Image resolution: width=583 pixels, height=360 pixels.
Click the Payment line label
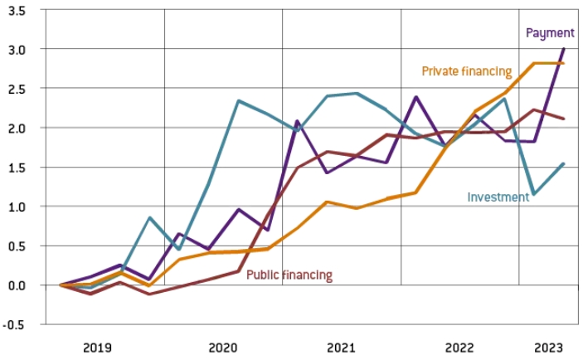coord(550,33)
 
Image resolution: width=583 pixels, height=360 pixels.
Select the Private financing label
coord(466,71)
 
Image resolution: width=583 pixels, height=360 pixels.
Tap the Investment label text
coord(498,197)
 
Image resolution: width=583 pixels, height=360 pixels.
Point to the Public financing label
coord(289,275)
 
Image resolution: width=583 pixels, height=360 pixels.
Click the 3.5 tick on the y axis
coord(16,11)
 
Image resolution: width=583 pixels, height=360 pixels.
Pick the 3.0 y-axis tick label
coord(16,50)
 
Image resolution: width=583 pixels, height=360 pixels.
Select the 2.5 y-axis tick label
coord(16,89)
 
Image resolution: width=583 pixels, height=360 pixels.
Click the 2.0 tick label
coord(16,129)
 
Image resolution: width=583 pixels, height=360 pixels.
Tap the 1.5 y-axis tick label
coord(16,168)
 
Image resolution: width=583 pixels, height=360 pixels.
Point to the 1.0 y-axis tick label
coord(16,207)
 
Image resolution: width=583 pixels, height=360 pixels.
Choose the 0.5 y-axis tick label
coord(16,246)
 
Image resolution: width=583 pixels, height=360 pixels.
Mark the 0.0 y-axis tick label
coord(16,285)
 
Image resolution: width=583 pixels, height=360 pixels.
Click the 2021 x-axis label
coord(342,347)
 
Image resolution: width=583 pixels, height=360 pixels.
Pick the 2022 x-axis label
coord(459,347)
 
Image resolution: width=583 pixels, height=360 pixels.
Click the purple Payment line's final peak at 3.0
coord(564,50)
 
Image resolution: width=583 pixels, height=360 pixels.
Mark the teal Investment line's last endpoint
coord(564,163)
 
